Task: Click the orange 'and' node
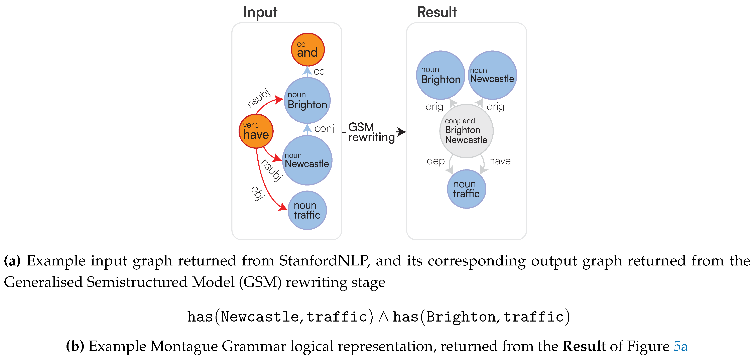click(x=308, y=49)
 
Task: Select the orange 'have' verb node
click(x=256, y=131)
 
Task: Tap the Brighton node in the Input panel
click(x=307, y=100)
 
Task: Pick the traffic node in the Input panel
click(x=307, y=210)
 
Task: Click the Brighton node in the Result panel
click(x=441, y=75)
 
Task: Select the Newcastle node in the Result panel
click(x=492, y=75)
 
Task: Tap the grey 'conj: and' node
click(x=466, y=131)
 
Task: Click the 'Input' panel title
click(x=260, y=12)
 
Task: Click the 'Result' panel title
click(x=436, y=12)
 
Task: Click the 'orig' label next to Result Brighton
click(x=434, y=107)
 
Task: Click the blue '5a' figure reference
click(x=680, y=346)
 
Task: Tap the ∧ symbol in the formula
click(x=383, y=317)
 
